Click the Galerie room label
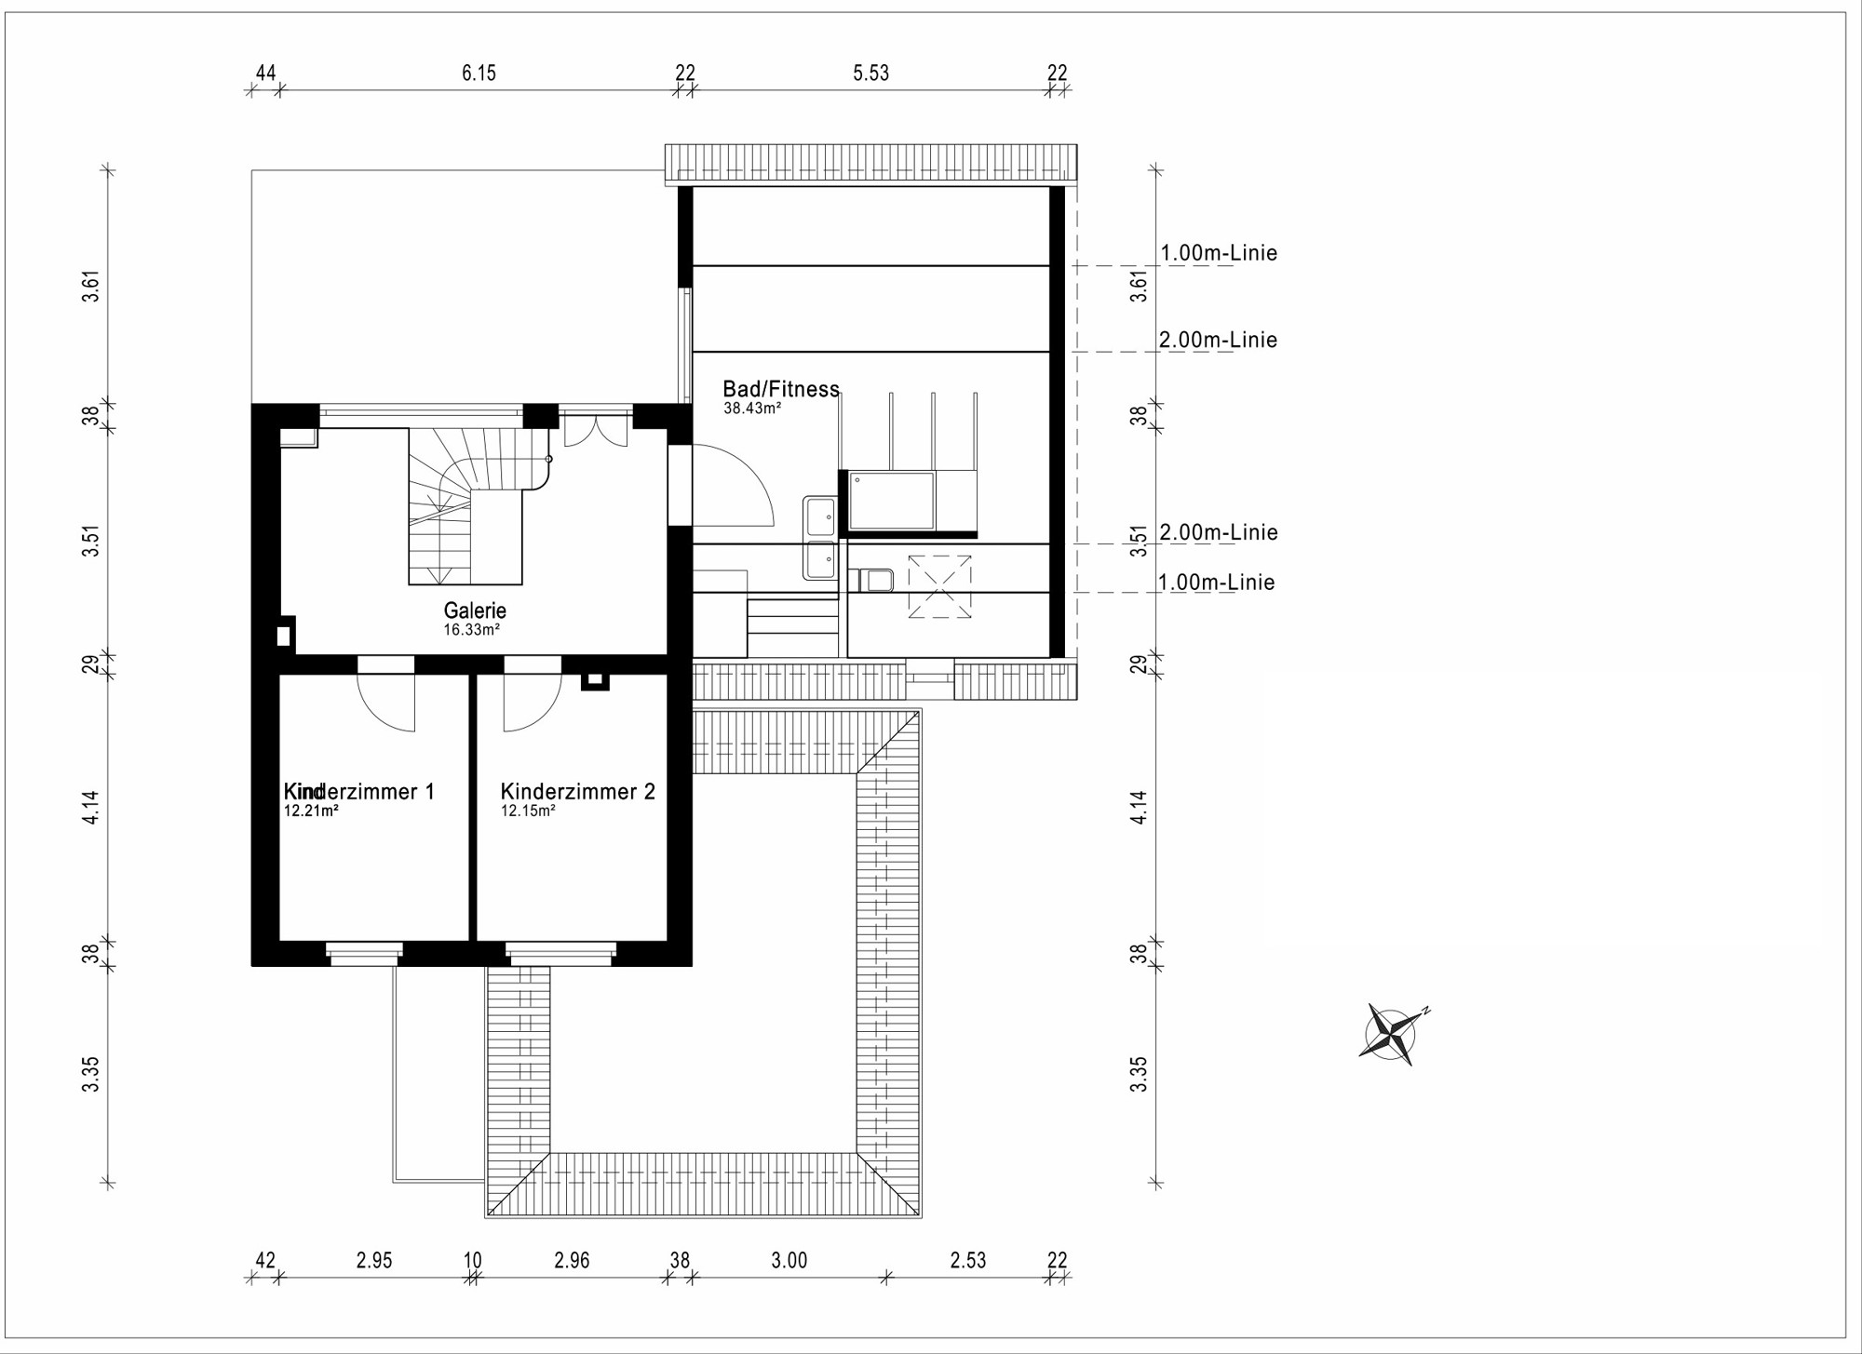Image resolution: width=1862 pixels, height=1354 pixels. (x=475, y=610)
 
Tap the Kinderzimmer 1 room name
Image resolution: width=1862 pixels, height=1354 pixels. (x=359, y=792)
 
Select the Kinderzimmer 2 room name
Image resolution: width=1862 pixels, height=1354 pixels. (x=578, y=792)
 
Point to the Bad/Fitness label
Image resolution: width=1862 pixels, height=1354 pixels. (x=781, y=389)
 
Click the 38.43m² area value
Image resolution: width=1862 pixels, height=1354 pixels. (x=752, y=408)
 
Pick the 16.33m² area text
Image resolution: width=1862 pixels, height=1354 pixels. (x=472, y=630)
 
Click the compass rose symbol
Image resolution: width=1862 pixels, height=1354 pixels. (x=1392, y=1034)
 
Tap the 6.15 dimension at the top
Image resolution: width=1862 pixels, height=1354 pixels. (x=479, y=73)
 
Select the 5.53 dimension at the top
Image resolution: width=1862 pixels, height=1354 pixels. (x=871, y=73)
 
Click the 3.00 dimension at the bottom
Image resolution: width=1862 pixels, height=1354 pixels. (x=789, y=1261)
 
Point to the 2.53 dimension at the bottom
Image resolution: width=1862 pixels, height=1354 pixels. (x=968, y=1261)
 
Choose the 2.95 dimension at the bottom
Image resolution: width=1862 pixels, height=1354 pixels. (x=374, y=1261)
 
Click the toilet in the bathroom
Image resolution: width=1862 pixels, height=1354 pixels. (x=871, y=581)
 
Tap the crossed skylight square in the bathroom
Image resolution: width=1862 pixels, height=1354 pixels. (x=939, y=586)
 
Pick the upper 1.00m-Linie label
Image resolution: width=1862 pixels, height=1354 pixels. (x=1219, y=253)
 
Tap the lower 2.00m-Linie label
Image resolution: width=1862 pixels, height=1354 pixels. (x=1219, y=532)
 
